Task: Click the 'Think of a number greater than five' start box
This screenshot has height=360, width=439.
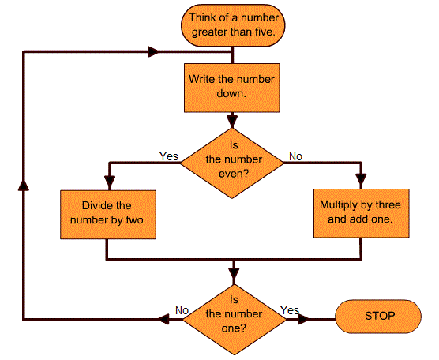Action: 233,25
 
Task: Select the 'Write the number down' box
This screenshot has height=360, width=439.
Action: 232,88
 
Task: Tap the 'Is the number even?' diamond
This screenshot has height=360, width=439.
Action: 232,163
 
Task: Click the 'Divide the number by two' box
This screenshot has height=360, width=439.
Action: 108,215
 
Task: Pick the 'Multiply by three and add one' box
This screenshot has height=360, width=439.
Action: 361,213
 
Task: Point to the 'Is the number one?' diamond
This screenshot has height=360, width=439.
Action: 235,320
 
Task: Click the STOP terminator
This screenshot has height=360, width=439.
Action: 378,317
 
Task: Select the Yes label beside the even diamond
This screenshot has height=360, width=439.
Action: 169,156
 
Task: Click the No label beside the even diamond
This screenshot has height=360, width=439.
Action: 295,156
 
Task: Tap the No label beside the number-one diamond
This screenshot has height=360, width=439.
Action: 182,310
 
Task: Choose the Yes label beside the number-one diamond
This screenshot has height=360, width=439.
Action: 290,310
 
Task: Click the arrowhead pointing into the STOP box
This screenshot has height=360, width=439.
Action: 303,319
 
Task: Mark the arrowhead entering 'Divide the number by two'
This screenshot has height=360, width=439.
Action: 110,181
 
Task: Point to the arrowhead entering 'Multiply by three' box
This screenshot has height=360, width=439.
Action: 361,179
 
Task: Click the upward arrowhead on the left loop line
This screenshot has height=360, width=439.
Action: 24,185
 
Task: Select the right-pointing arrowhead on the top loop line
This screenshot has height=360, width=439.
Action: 153,52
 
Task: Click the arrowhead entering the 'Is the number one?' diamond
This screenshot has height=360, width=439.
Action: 234,274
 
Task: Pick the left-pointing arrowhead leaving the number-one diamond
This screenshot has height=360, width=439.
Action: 164,319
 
